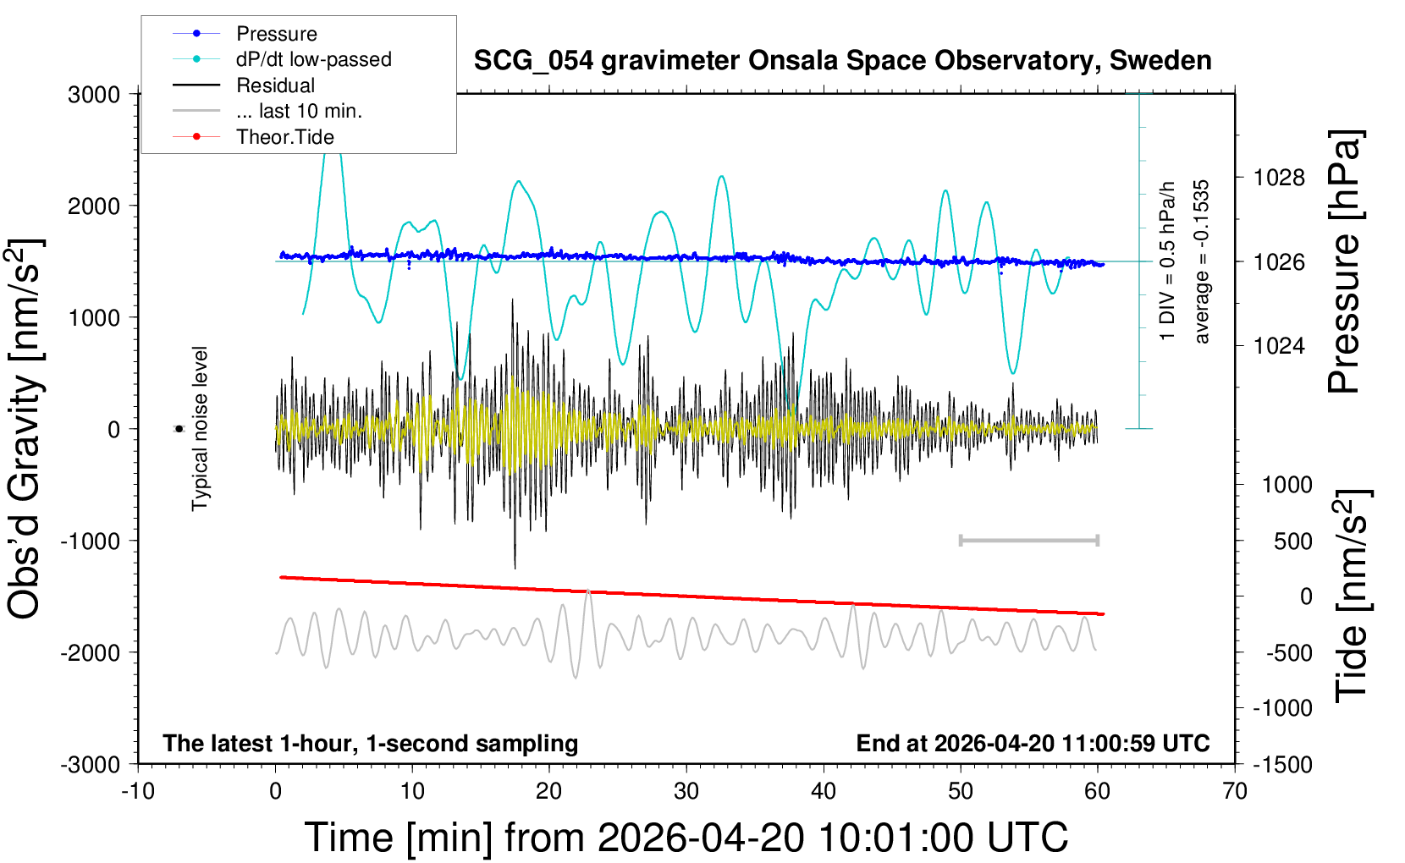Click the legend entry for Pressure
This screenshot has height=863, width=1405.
pyautogui.click(x=276, y=34)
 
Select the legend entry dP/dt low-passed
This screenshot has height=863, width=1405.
pyautogui.click(x=313, y=59)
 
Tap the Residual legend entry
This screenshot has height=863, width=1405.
pyautogui.click(x=275, y=85)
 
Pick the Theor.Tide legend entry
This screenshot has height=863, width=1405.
pyautogui.click(x=284, y=137)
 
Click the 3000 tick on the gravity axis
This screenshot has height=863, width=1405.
pyautogui.click(x=94, y=94)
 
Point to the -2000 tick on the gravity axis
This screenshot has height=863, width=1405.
pyautogui.click(x=90, y=652)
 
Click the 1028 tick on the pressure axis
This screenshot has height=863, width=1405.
pyautogui.click(x=1279, y=178)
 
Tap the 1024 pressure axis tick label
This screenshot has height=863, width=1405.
pyautogui.click(x=1279, y=345)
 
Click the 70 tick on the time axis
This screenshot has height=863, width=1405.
pyautogui.click(x=1235, y=792)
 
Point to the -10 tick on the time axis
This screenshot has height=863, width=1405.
pyautogui.click(x=138, y=792)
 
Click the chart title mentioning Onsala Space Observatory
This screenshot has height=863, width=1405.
pyautogui.click(x=842, y=61)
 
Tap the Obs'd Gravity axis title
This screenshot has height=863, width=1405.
pyautogui.click(x=25, y=429)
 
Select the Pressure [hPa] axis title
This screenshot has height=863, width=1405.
pyautogui.click(x=1343, y=261)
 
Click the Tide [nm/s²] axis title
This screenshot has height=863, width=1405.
pyautogui.click(x=1352, y=596)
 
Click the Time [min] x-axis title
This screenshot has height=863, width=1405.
pyautogui.click(x=686, y=838)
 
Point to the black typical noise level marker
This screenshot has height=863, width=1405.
pyautogui.click(x=179, y=429)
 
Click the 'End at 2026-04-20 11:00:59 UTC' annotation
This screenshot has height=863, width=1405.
pyautogui.click(x=1033, y=744)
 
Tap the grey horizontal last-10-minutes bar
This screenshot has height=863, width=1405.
pyautogui.click(x=1028, y=540)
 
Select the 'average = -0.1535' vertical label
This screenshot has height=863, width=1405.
pyautogui.click(x=1201, y=261)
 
